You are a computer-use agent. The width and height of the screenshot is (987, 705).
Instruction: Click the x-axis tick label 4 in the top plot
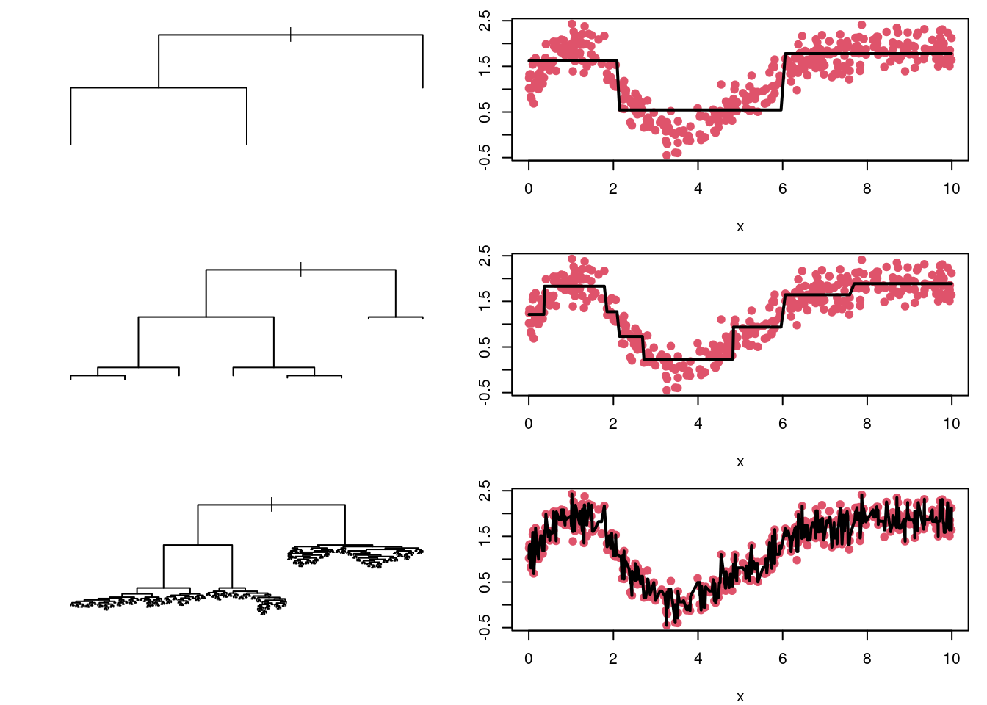[698, 189]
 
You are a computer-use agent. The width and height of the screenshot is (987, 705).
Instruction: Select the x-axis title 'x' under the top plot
[740, 227]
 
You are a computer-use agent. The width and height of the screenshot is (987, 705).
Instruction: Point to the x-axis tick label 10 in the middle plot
[951, 424]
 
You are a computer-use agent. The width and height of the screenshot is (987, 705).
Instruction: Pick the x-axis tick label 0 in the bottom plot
[529, 659]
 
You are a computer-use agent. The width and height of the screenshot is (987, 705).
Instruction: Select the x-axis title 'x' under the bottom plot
[740, 697]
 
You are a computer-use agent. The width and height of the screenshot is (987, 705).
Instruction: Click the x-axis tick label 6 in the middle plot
[782, 424]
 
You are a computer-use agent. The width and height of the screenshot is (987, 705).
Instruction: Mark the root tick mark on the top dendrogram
[291, 35]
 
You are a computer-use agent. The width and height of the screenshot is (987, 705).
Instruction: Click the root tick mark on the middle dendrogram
[301, 270]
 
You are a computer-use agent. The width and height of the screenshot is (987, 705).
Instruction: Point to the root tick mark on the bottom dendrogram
[272, 505]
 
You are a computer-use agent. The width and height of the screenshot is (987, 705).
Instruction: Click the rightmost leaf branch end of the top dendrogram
[422, 87]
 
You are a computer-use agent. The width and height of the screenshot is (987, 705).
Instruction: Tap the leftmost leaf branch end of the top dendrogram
[70, 144]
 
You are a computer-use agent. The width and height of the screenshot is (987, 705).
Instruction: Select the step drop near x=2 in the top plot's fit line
[618, 85]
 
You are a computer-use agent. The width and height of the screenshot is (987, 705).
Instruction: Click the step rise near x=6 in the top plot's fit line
[783, 82]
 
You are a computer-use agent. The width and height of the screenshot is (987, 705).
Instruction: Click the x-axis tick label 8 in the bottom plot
[867, 659]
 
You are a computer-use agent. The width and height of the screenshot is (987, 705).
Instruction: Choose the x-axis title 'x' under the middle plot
[740, 462]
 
